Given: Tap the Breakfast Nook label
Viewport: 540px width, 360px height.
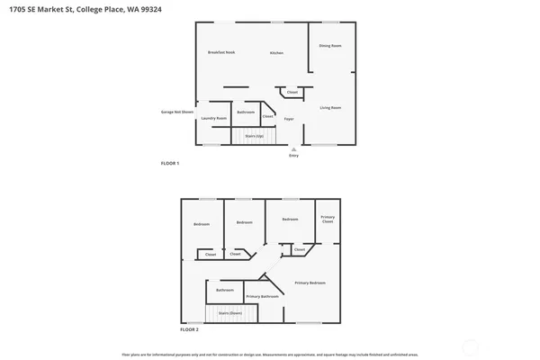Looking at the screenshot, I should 220,53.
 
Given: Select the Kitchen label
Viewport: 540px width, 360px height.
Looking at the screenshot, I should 277,53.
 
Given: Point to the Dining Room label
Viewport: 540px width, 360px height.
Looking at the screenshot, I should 330,45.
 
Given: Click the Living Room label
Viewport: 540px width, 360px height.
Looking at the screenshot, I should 330,108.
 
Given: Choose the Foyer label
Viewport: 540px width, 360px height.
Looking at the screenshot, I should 289,118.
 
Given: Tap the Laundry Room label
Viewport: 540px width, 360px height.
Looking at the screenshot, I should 214,118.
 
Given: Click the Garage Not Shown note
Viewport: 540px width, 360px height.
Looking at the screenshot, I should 175,112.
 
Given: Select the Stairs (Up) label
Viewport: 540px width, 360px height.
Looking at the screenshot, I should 253,135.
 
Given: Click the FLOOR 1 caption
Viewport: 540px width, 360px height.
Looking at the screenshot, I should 169,163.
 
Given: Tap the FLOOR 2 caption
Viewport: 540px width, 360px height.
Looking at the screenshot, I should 189,329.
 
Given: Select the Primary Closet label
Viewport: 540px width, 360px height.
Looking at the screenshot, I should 328,219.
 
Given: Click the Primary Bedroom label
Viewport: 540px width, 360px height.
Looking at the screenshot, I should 310,283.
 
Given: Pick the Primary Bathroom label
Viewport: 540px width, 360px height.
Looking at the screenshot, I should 263,296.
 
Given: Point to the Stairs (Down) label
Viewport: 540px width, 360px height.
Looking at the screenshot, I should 230,312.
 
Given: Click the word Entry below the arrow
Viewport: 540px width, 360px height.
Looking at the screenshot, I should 292,156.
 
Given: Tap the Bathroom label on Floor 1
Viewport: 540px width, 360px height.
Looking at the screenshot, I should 246,112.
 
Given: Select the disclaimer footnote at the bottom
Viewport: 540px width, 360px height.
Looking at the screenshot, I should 270,353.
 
